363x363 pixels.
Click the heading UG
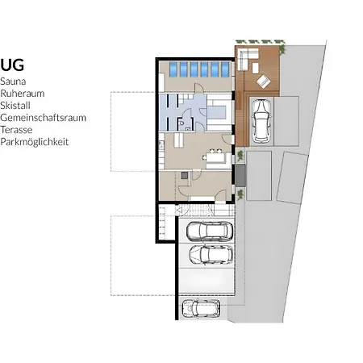(12, 65)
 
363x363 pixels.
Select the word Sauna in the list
(13, 81)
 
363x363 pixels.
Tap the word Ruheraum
(23, 94)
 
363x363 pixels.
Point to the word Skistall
(15, 106)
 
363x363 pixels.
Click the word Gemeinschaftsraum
(44, 118)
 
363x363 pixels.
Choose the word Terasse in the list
(16, 130)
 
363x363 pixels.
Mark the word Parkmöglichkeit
(35, 142)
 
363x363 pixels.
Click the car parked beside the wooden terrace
(261, 121)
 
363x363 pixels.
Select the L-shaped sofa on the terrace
(247, 59)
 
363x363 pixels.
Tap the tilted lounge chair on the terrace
(264, 81)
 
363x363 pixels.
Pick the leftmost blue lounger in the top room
(173, 69)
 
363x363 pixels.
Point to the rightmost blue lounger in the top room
(225, 69)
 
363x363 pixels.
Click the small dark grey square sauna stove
(185, 176)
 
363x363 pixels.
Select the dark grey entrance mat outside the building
(240, 175)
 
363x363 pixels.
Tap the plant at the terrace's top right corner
(282, 49)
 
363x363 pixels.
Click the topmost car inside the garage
(209, 232)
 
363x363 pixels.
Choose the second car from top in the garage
(211, 254)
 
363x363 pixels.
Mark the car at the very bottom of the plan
(201, 308)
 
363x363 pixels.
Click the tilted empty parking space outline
(293, 177)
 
